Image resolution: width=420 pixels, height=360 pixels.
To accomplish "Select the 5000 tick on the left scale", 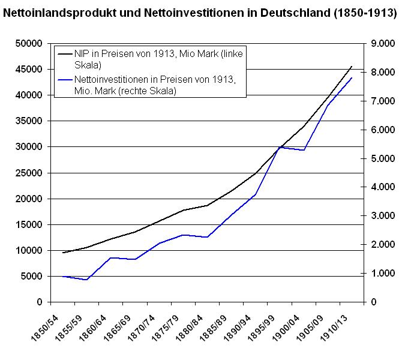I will click(x=31, y=276).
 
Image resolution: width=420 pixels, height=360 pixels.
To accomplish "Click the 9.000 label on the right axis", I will click(x=383, y=44).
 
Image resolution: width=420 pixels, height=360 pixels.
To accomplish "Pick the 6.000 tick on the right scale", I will click(x=383, y=130).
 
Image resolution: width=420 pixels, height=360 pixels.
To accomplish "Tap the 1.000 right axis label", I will click(x=383, y=274).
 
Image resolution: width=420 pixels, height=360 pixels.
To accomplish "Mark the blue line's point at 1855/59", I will click(x=87, y=280).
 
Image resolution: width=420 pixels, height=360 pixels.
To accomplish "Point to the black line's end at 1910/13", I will click(x=352, y=67).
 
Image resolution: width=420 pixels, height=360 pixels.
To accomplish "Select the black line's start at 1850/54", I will click(x=63, y=253).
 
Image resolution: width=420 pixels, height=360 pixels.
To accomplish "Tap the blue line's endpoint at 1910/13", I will click(x=352, y=78).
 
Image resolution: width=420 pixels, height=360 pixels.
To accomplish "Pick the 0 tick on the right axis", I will click(x=374, y=302).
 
